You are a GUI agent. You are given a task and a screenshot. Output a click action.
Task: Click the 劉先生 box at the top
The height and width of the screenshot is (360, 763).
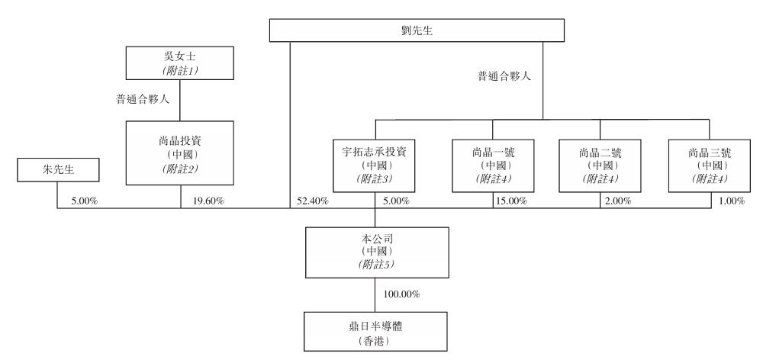pyautogui.click(x=418, y=31)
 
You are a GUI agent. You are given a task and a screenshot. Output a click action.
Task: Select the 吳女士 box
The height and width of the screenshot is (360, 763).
pyautogui.click(x=180, y=62)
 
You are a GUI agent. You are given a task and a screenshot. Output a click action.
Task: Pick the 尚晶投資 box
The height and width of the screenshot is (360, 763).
pyautogui.click(x=180, y=153)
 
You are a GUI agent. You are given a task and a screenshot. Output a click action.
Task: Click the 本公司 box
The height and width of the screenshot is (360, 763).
pyautogui.click(x=374, y=251)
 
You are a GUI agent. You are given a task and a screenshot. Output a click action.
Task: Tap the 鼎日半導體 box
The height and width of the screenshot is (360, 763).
pyautogui.click(x=374, y=330)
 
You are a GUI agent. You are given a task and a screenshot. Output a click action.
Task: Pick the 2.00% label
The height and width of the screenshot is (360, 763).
pyautogui.click(x=618, y=201)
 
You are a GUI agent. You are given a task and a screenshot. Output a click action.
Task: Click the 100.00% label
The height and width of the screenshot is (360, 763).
pyautogui.click(x=399, y=294)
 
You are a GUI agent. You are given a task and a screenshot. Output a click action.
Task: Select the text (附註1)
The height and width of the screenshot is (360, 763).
pyautogui.click(x=180, y=69)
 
